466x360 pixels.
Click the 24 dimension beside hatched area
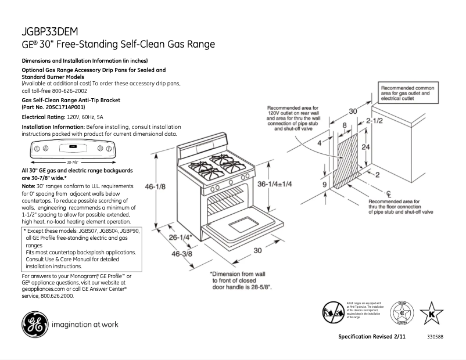[x=365, y=147]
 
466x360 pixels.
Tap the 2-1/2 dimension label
[x=374, y=121]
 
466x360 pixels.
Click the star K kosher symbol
[x=431, y=314]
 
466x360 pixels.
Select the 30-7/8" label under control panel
[x=72, y=162]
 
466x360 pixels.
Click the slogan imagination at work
[x=85, y=325]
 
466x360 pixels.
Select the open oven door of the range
[x=238, y=223]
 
